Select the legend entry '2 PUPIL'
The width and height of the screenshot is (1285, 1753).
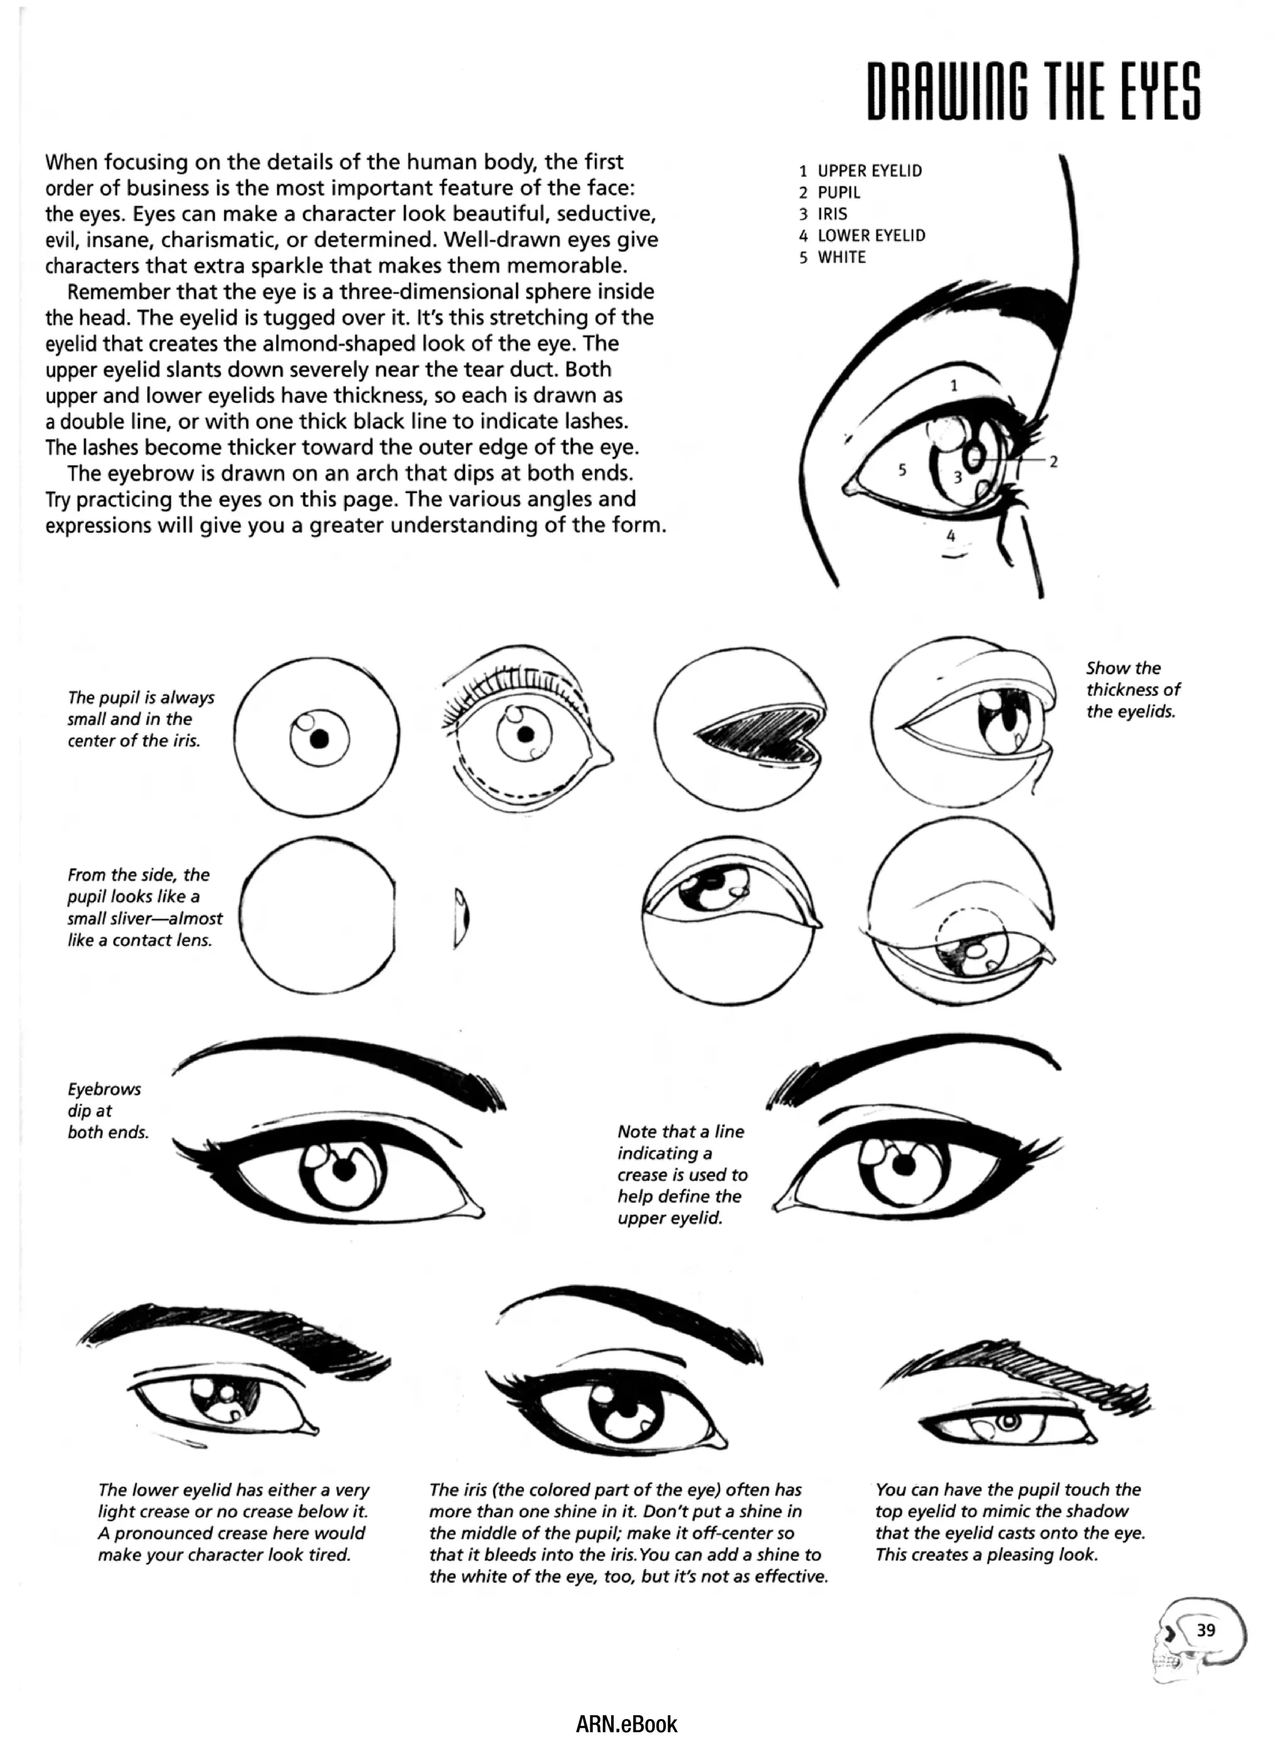pos(830,192)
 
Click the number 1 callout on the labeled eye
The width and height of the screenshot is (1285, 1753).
pos(954,385)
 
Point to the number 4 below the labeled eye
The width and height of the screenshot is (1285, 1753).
pos(951,536)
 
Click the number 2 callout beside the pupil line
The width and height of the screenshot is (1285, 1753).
pos(1053,461)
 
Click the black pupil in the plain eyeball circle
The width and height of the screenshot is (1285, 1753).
pos(319,739)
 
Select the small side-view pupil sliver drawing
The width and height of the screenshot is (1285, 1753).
pos(461,918)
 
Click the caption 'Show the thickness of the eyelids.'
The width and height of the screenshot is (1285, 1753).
pos(1132,689)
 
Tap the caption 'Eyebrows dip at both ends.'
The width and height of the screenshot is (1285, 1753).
pos(107,1110)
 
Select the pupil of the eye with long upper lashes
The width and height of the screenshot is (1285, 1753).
pos(526,734)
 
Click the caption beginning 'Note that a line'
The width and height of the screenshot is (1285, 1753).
pos(681,1174)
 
